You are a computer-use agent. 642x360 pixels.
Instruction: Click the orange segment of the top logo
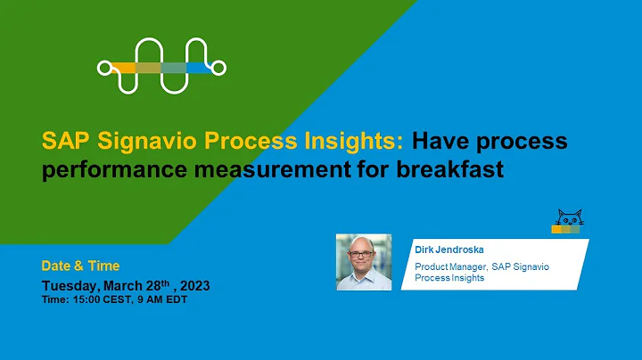point(122,67)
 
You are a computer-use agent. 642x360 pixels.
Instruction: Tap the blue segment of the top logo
point(199,67)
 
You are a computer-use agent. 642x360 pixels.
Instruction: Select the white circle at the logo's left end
point(103,67)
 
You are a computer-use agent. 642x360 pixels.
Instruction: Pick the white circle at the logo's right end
point(220,67)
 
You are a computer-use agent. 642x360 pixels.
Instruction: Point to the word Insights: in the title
point(365,141)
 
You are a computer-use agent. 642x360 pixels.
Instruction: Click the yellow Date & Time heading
point(80,266)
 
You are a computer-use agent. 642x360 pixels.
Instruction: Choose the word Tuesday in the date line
point(73,286)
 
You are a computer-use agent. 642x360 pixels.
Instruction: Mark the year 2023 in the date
point(191,286)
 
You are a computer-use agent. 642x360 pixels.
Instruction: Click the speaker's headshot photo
point(364,262)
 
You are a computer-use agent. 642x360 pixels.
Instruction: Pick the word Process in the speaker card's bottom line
point(431,278)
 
